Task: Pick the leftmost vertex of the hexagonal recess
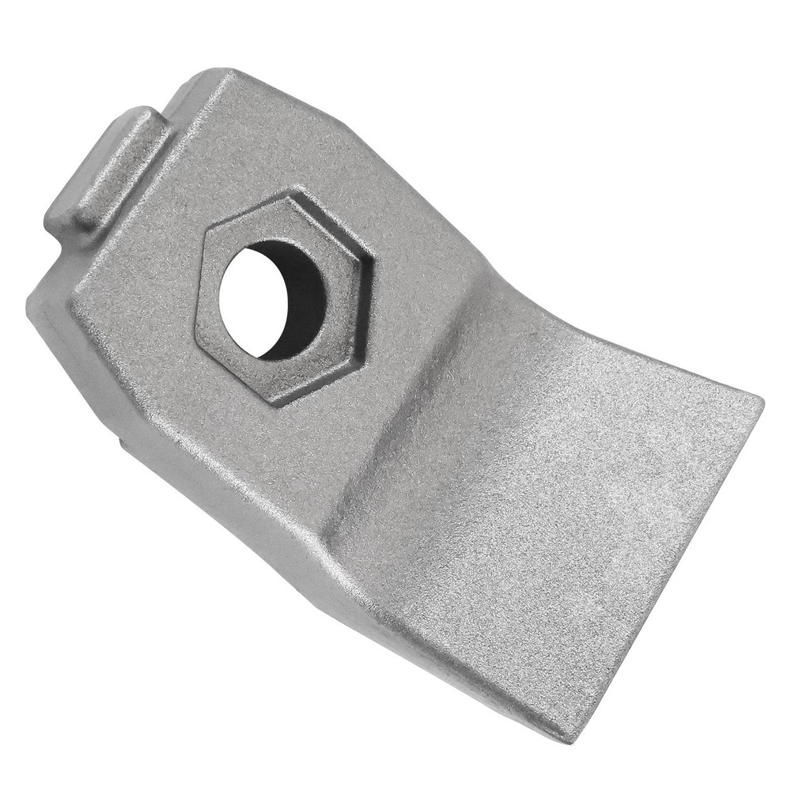(196, 336)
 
